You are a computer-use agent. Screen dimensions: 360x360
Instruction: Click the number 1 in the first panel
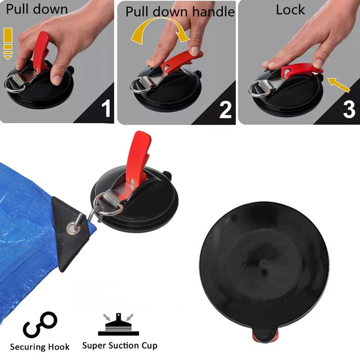105,108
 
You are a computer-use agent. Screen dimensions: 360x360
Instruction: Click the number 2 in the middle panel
225,109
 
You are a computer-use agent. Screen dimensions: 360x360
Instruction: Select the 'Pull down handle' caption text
179,11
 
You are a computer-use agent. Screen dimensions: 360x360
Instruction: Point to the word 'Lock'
290,10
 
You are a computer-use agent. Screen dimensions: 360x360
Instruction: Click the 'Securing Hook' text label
40,346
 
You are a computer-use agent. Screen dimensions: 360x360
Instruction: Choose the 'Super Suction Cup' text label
120,345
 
